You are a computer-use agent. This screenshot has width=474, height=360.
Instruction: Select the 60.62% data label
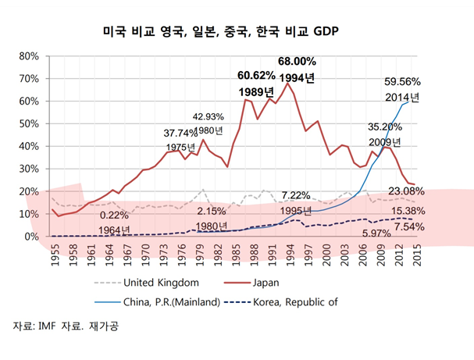click(256, 75)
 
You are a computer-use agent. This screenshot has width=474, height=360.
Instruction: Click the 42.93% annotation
click(208, 116)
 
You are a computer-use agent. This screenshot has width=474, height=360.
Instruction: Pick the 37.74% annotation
click(180, 133)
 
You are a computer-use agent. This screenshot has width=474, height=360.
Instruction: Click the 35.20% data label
click(384, 127)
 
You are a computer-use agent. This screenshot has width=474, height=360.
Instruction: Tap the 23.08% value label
click(406, 191)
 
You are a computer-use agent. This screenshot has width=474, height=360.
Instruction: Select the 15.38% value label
click(408, 212)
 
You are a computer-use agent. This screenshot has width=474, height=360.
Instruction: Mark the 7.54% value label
click(409, 226)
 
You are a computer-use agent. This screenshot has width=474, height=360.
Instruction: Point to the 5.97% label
click(376, 233)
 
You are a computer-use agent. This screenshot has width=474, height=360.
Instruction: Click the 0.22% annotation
click(114, 215)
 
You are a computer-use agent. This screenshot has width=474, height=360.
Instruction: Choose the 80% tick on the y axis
click(28, 56)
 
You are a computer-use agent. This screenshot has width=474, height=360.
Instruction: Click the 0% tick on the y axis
click(31, 236)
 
